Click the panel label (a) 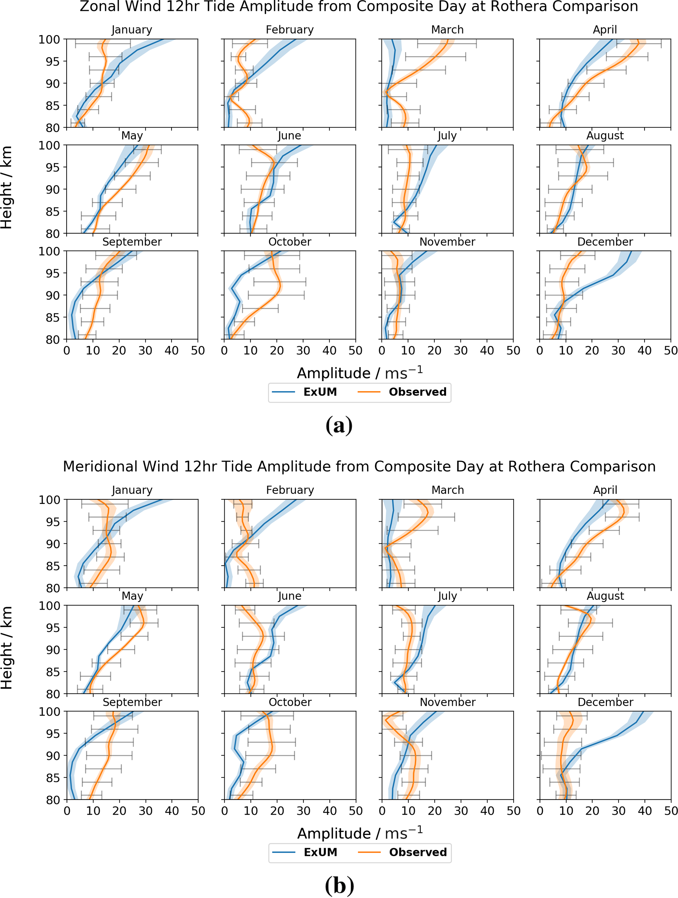(339, 426)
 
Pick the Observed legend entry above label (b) (418, 852)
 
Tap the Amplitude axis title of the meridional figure (360, 833)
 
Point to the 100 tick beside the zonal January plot (49, 40)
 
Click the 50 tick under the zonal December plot (670, 350)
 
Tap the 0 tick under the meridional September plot (67, 811)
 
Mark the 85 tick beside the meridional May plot (53, 672)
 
